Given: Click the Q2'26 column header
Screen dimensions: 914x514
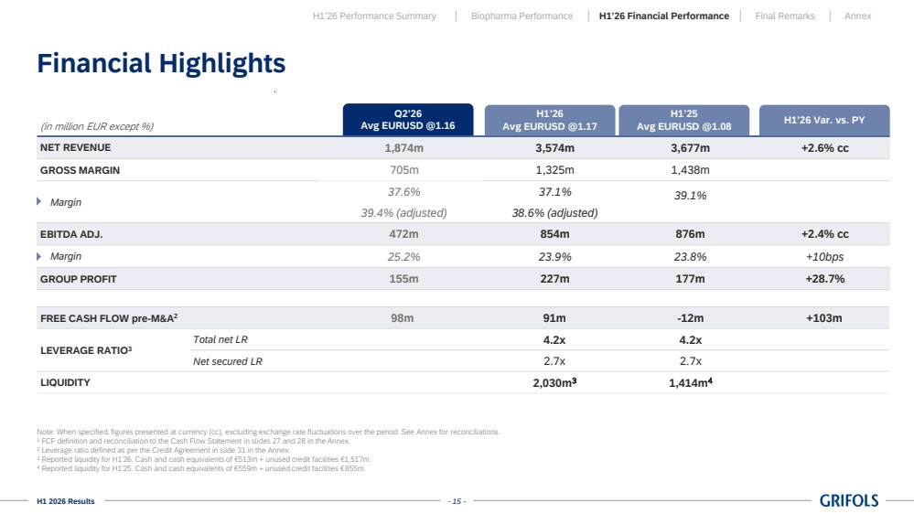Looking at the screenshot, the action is click(408, 120).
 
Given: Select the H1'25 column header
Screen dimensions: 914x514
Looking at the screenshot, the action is click(683, 120).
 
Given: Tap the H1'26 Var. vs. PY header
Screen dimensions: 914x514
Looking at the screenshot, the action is click(824, 120).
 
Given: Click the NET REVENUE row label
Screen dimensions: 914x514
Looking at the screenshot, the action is click(75, 147).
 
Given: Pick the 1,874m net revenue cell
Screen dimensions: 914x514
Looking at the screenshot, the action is click(404, 148).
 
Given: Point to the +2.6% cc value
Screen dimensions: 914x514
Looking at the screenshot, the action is click(825, 148).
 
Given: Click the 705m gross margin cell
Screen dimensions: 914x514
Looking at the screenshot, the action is click(404, 170).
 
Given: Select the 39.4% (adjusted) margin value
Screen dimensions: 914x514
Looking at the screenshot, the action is click(404, 213).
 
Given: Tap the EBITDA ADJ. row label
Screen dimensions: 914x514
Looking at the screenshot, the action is click(71, 234).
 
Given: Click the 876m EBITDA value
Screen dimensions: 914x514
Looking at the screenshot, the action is click(690, 234).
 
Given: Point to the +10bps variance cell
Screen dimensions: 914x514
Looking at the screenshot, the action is click(825, 257).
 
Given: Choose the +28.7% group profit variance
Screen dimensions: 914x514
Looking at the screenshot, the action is click(825, 279).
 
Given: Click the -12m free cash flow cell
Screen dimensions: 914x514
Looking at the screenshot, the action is click(690, 318).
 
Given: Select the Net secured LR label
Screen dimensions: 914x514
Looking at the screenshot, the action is click(227, 361).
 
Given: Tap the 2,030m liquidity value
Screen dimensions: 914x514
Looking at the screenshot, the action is click(554, 383).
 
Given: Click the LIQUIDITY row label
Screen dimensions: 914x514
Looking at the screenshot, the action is click(65, 382).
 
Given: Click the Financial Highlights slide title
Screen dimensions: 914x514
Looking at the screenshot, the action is click(161, 63).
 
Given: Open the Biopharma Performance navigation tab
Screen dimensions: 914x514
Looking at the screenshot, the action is click(522, 16).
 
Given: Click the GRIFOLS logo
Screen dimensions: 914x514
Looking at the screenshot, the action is click(849, 500).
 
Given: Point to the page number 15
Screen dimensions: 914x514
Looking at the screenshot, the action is click(457, 501).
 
